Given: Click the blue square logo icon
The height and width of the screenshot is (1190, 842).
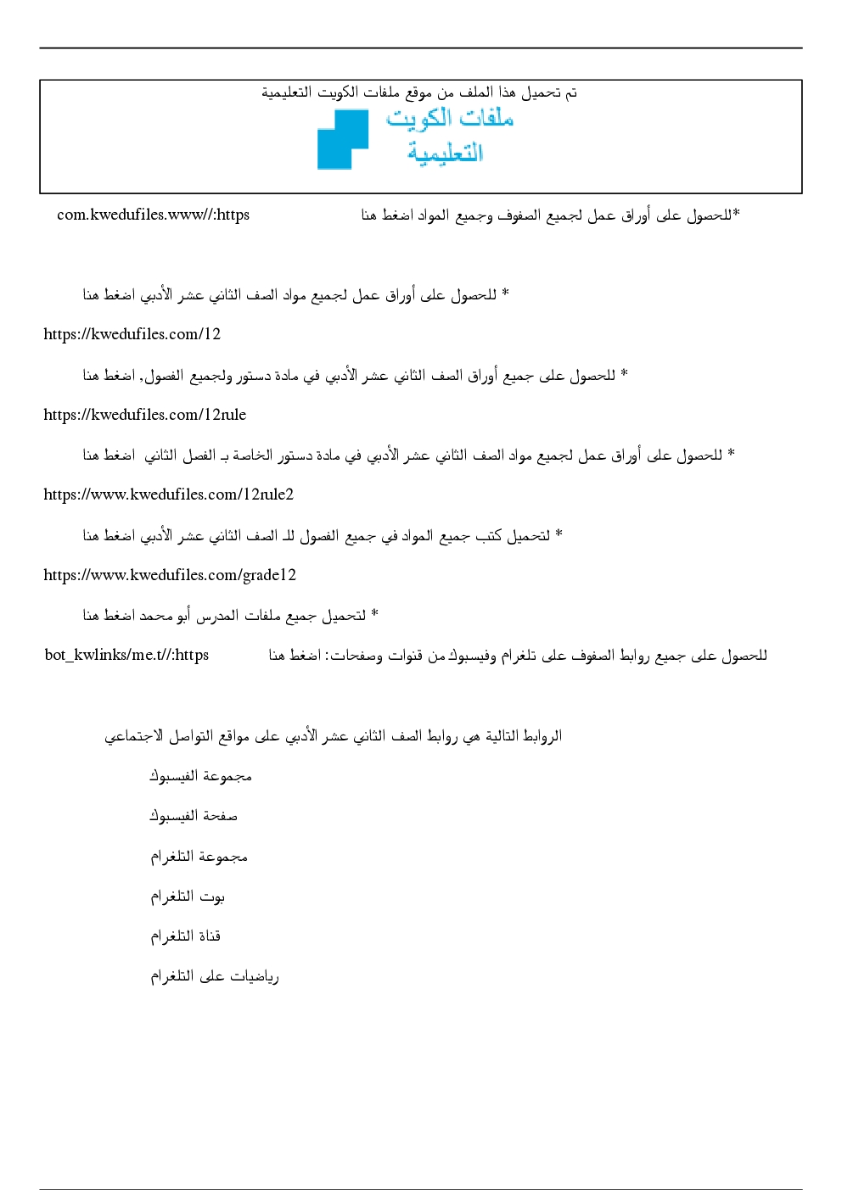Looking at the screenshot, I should click(342, 140).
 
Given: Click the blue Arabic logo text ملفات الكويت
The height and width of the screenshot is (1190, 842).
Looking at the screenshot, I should click(450, 118).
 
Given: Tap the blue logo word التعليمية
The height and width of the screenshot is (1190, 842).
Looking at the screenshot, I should click(445, 153).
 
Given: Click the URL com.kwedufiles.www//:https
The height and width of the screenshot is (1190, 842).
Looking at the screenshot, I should click(153, 215).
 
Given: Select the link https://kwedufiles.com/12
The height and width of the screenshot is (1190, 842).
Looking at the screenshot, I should click(132, 334).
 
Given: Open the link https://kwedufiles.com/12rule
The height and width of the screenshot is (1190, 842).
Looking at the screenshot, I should click(144, 415).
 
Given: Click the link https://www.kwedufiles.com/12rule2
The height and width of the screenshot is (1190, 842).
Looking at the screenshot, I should click(168, 494).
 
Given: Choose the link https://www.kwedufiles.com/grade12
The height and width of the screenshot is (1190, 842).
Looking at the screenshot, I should click(170, 575).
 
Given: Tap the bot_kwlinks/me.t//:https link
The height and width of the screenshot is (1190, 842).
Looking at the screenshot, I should click(126, 655).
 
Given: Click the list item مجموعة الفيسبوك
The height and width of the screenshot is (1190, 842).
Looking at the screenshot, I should click(200, 776).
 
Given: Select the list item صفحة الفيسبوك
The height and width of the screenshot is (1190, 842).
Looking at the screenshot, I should click(194, 816).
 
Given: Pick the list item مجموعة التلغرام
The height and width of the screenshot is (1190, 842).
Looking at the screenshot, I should click(199, 857).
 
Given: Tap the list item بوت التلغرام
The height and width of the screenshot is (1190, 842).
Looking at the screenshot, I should click(188, 897).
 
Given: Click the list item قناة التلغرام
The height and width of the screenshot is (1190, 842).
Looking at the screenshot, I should click(185, 936).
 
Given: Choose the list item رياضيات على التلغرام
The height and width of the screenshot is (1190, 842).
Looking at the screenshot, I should click(215, 976).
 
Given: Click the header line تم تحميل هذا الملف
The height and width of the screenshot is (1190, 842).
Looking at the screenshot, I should click(419, 92).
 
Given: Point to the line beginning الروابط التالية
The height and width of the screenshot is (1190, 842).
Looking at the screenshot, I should click(333, 736).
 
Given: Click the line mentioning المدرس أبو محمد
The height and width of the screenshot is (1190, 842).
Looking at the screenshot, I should click(230, 615).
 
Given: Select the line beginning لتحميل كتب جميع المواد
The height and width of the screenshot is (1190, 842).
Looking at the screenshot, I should click(323, 535).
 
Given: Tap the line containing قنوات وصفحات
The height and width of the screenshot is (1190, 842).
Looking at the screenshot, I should click(518, 656).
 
